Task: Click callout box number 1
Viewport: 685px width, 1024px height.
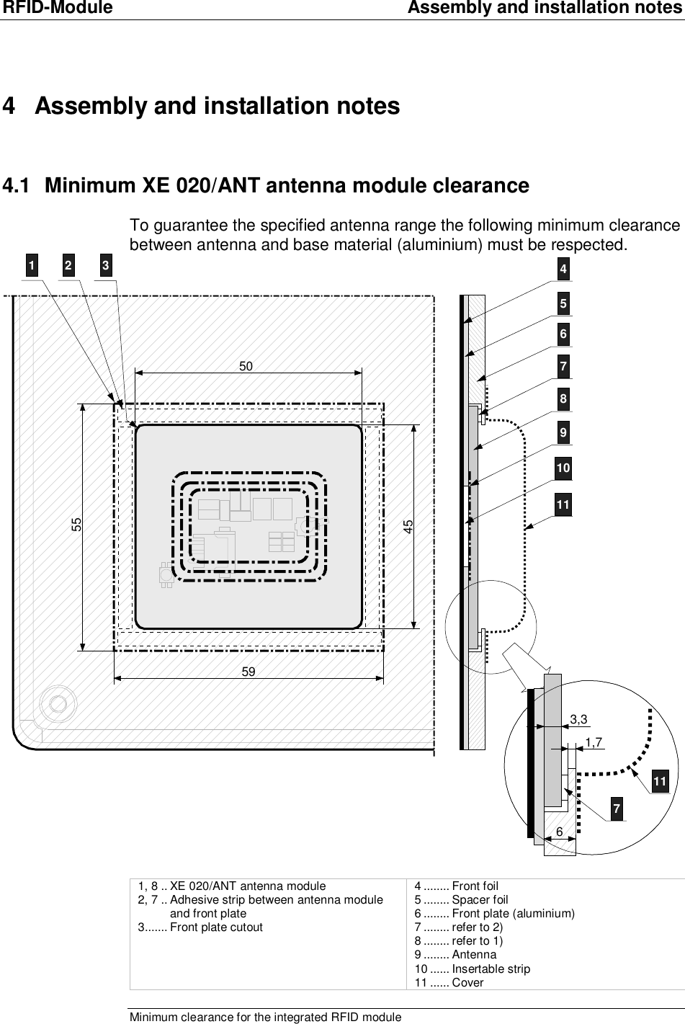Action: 30,266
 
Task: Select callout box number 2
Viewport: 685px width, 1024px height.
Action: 68,266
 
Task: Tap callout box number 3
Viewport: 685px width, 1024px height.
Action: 105,266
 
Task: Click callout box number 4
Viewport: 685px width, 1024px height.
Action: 563,270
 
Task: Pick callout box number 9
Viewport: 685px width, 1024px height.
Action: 563,433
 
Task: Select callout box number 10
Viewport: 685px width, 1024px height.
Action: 563,468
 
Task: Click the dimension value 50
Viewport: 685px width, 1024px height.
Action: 246,366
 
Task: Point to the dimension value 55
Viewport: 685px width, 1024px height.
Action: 76,525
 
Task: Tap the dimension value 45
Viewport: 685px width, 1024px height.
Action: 408,525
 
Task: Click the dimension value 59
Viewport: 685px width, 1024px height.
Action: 249,671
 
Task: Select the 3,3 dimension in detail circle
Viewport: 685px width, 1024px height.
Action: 578,719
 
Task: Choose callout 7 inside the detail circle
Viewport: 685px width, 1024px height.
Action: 616,809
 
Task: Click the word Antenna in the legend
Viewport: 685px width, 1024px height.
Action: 474,955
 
